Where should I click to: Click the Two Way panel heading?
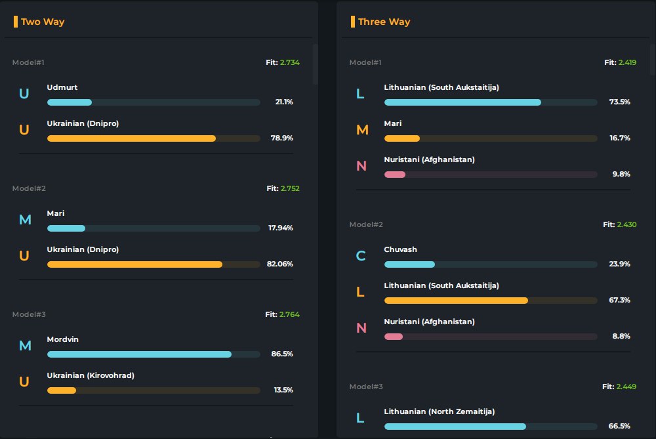[43, 22]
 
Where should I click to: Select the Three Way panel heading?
[384, 22]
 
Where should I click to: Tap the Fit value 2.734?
[289, 62]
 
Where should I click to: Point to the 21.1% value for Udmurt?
[284, 102]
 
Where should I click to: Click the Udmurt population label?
[62, 87]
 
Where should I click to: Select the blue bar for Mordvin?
[139, 354]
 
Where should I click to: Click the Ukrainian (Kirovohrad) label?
[91, 375]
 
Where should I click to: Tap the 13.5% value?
[283, 390]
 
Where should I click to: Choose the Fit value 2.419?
[627, 62]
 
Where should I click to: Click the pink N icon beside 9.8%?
[361, 166]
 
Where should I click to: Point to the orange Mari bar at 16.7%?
[402, 138]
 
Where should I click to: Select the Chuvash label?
[400, 249]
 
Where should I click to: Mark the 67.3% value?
[619, 300]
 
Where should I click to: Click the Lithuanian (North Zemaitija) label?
[439, 411]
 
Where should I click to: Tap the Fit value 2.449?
[626, 387]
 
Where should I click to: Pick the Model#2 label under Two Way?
[29, 188]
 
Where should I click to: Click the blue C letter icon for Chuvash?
[361, 256]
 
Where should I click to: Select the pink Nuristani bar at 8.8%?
[394, 337]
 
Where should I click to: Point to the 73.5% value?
[619, 102]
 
